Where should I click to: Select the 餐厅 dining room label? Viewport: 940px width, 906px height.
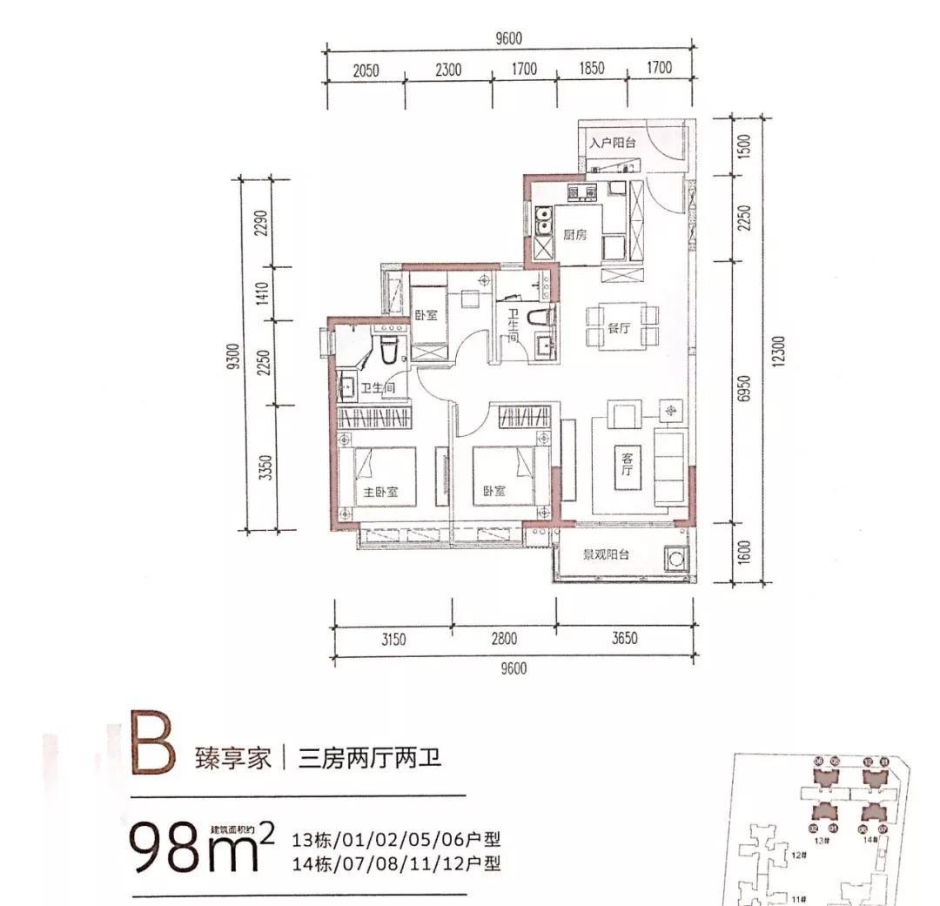(x=619, y=329)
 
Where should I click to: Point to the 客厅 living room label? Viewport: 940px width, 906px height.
(x=625, y=464)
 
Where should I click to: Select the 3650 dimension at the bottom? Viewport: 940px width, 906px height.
(x=624, y=638)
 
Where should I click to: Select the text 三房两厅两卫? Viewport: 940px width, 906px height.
(x=370, y=759)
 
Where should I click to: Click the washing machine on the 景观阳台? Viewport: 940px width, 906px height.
(x=675, y=558)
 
